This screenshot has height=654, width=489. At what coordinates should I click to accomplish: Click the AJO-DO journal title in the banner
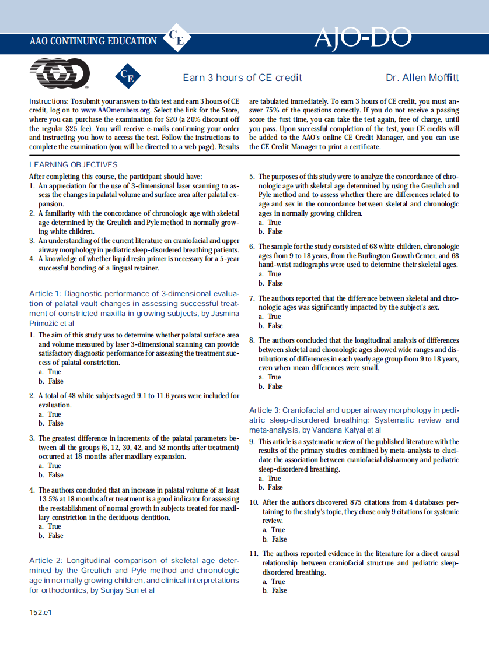[x=362, y=39]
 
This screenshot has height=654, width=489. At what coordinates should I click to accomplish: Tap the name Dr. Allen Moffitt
[x=422, y=78]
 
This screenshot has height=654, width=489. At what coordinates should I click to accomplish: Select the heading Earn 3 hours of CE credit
[x=242, y=78]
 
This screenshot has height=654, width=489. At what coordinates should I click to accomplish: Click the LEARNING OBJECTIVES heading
[x=74, y=165]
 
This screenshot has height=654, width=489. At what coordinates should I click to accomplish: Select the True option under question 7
[x=274, y=317]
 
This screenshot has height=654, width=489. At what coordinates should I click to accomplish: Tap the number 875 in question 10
[x=357, y=502]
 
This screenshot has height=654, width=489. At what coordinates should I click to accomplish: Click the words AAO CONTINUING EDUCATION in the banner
[x=93, y=41]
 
